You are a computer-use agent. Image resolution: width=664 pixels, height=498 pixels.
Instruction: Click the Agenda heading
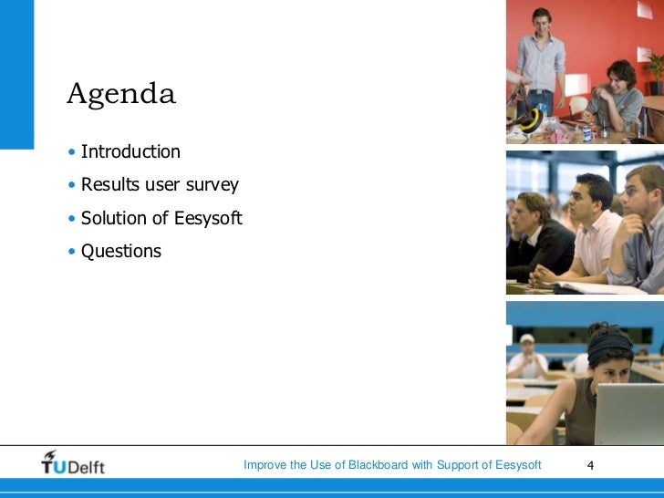point(120,95)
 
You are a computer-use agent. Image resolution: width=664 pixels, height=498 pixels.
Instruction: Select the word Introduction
point(130,151)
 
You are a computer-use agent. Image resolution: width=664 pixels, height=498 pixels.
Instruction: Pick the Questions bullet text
point(120,251)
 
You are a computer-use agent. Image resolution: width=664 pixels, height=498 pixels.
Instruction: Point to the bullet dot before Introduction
point(72,152)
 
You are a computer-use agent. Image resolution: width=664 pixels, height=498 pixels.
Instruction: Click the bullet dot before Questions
point(72,251)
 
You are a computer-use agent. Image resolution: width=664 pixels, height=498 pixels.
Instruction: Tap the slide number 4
point(590,466)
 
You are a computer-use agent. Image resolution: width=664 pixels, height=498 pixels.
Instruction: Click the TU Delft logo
point(73,463)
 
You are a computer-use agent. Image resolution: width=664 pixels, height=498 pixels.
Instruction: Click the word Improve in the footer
point(264,465)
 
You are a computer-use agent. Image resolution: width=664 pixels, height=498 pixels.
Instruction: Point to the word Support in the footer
point(458,465)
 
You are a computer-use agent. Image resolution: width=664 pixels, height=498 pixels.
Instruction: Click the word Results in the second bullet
point(108,185)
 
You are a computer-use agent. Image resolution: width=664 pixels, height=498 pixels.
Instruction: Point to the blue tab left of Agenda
point(16,73)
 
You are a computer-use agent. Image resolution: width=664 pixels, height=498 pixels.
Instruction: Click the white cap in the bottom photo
point(526,338)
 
